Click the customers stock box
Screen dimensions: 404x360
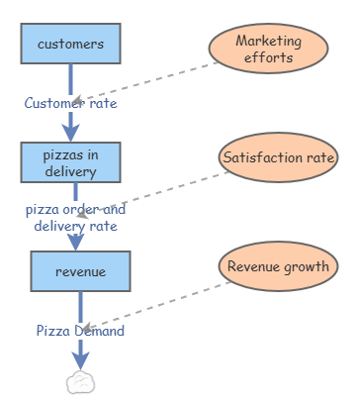pos(70,45)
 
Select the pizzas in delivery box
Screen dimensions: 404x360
pos(70,162)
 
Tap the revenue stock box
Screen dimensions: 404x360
pos(80,271)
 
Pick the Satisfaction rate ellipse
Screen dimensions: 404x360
pos(279,157)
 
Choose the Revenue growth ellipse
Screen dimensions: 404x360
pos(277,266)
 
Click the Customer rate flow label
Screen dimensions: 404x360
pos(70,103)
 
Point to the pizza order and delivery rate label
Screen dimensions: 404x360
pos(75,218)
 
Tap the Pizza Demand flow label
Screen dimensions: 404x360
pos(80,331)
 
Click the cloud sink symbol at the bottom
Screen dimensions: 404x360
pos(80,382)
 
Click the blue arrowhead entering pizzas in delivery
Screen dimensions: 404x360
pos(70,132)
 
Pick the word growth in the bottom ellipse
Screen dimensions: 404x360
pos(306,266)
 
